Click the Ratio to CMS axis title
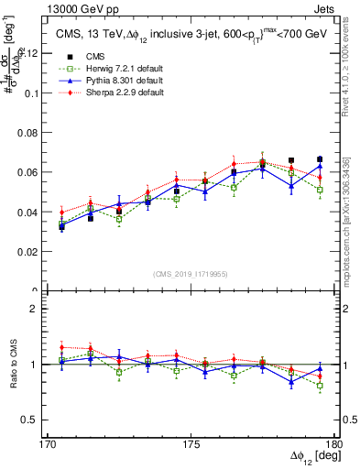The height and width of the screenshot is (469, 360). pyautogui.click(x=13, y=364)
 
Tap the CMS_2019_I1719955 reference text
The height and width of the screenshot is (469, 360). pyautogui.click(x=191, y=273)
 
